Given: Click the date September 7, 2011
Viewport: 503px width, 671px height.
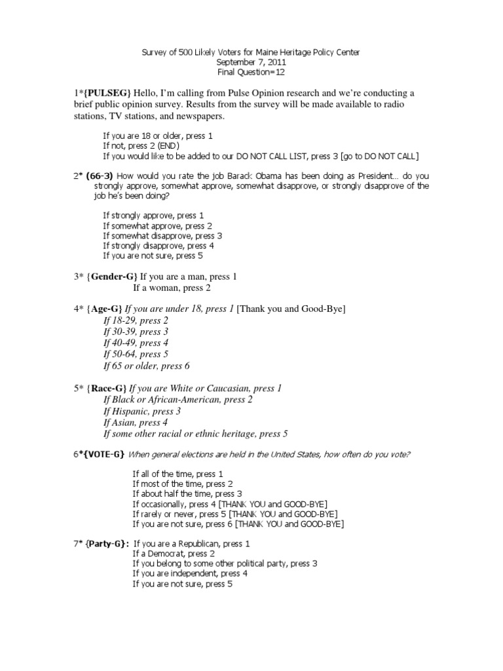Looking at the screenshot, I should [x=251, y=62].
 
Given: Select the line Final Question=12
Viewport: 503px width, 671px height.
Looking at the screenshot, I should [x=251, y=72].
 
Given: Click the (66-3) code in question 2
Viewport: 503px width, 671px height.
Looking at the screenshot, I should [x=100, y=176].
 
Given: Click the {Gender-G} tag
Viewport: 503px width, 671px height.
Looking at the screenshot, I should [x=110, y=277].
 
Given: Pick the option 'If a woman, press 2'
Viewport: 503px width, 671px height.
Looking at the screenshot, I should [x=172, y=288].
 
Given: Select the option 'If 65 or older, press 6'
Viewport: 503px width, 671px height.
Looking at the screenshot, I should [x=147, y=366].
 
